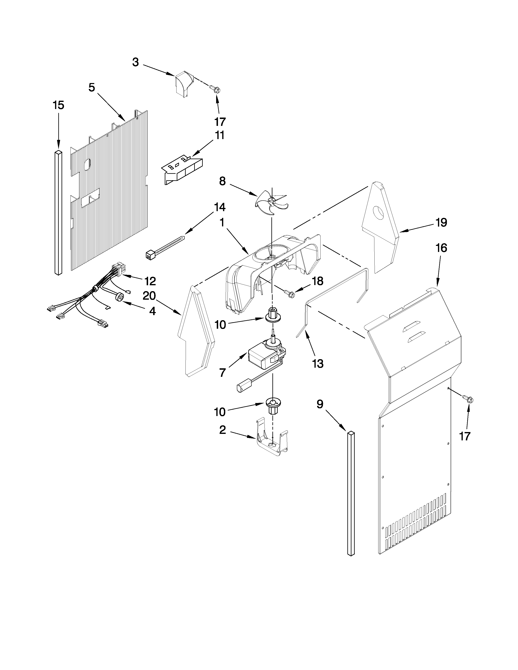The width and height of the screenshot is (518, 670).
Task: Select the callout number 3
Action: tap(135, 62)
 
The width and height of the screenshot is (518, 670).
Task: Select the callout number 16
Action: tap(441, 248)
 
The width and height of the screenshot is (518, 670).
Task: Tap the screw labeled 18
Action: tap(290, 294)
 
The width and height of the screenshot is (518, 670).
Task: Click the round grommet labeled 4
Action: tap(120, 297)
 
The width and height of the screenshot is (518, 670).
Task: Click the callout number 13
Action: tap(318, 364)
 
